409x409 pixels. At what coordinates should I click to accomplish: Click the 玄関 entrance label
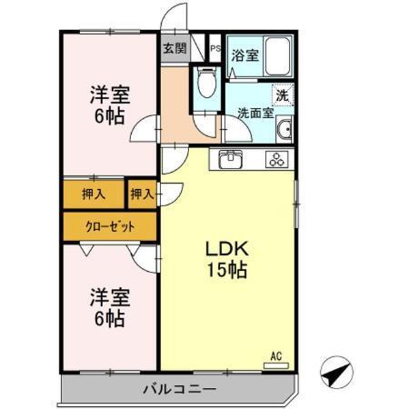[175, 49]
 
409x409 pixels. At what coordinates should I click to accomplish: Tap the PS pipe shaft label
[215, 49]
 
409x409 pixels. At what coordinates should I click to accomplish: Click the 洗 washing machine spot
[282, 93]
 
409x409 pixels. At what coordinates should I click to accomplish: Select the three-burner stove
[275, 160]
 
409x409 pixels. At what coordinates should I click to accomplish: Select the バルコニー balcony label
[178, 390]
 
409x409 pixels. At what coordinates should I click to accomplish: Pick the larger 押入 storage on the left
[94, 194]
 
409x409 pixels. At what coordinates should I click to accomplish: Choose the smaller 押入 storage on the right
[141, 194]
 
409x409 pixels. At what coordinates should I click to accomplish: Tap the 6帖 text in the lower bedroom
[107, 318]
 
